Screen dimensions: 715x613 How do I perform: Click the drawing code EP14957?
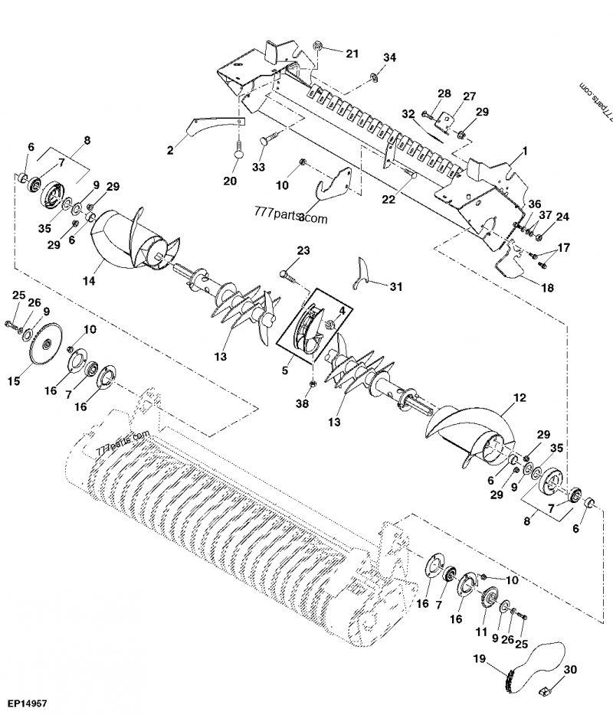click(27, 701)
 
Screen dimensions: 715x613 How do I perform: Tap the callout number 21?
click(352, 54)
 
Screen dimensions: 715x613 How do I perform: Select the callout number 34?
click(390, 58)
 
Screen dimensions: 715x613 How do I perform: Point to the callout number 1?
click(525, 153)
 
